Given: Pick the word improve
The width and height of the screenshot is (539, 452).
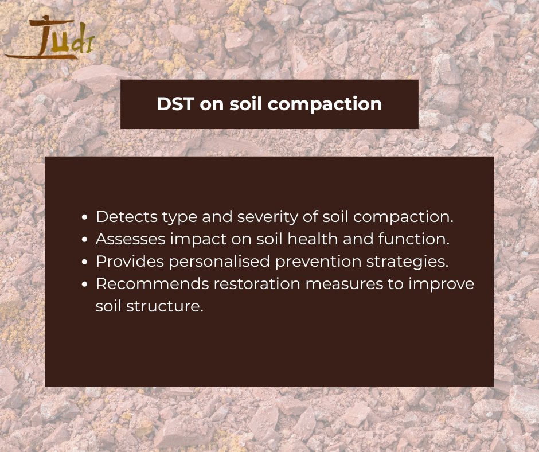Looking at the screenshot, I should click(x=446, y=284).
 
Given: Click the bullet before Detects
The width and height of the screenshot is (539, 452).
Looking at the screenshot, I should click(x=85, y=218).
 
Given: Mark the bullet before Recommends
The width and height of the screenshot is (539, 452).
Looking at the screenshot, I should click(x=85, y=285).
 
